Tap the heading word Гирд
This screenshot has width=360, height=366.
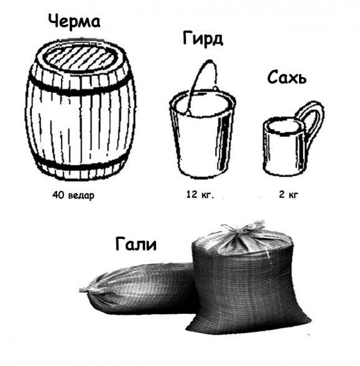[203, 39]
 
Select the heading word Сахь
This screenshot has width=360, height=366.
[287, 77]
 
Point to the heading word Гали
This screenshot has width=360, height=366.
[136, 243]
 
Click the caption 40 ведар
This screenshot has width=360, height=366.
[73, 195]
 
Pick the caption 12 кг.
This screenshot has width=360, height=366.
[200, 194]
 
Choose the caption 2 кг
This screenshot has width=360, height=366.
[288, 194]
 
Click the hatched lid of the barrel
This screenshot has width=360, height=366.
[80, 58]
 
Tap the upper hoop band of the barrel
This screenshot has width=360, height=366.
[80, 88]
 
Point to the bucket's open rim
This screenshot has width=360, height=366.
[203, 103]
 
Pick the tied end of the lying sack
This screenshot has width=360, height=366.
[90, 289]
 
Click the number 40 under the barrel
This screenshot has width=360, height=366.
[58, 194]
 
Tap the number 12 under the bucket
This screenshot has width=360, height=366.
[192, 194]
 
